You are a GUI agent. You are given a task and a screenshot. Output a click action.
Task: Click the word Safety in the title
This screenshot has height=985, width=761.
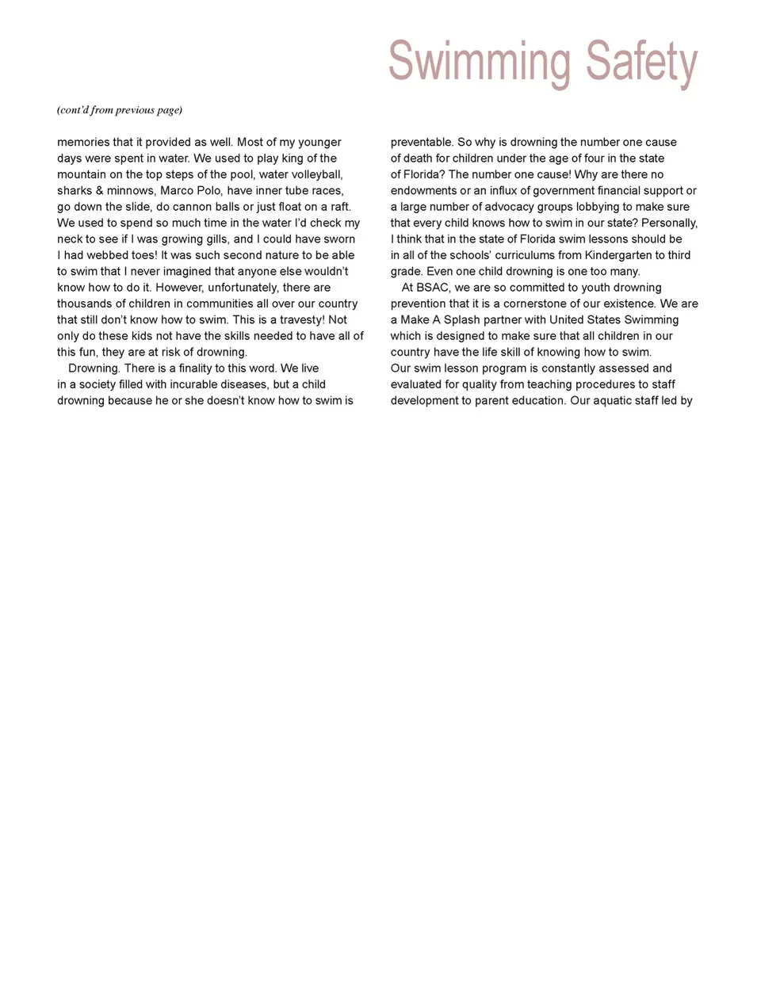641,62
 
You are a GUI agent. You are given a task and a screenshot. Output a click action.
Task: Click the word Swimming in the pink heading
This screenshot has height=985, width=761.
479,62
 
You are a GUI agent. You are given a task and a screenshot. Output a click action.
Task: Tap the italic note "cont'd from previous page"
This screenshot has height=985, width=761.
120,110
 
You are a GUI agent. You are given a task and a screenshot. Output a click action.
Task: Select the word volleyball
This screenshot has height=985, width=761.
315,174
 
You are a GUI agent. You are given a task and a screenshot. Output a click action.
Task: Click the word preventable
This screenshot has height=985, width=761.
421,142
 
